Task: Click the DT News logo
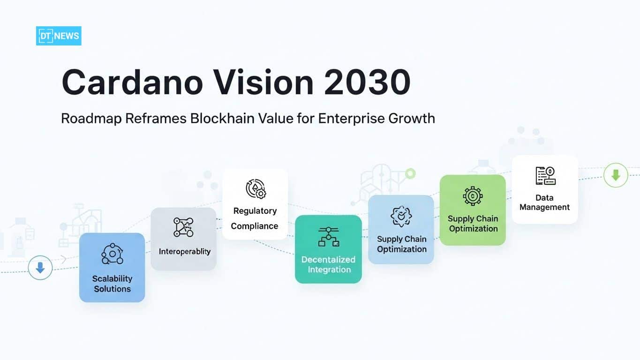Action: pyautogui.click(x=59, y=36)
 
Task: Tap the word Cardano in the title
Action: pyautogui.click(x=132, y=83)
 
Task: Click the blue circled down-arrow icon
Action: pyautogui.click(x=40, y=268)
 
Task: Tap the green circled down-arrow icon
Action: pyautogui.click(x=616, y=176)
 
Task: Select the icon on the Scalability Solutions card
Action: pyautogui.click(x=112, y=254)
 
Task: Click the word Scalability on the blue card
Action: pyautogui.click(x=112, y=278)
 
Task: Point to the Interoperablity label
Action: pyautogui.click(x=185, y=252)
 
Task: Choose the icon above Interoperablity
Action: pyautogui.click(x=183, y=227)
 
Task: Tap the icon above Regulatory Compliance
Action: pyautogui.click(x=256, y=188)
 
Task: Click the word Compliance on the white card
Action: pyautogui.click(x=255, y=226)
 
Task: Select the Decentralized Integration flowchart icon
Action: pyautogui.click(x=328, y=236)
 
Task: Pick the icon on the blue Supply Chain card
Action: pyautogui.click(x=401, y=217)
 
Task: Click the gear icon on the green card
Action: pyautogui.click(x=473, y=195)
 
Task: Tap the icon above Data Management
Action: pyautogui.click(x=545, y=176)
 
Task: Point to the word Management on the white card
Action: pyautogui.click(x=545, y=207)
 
